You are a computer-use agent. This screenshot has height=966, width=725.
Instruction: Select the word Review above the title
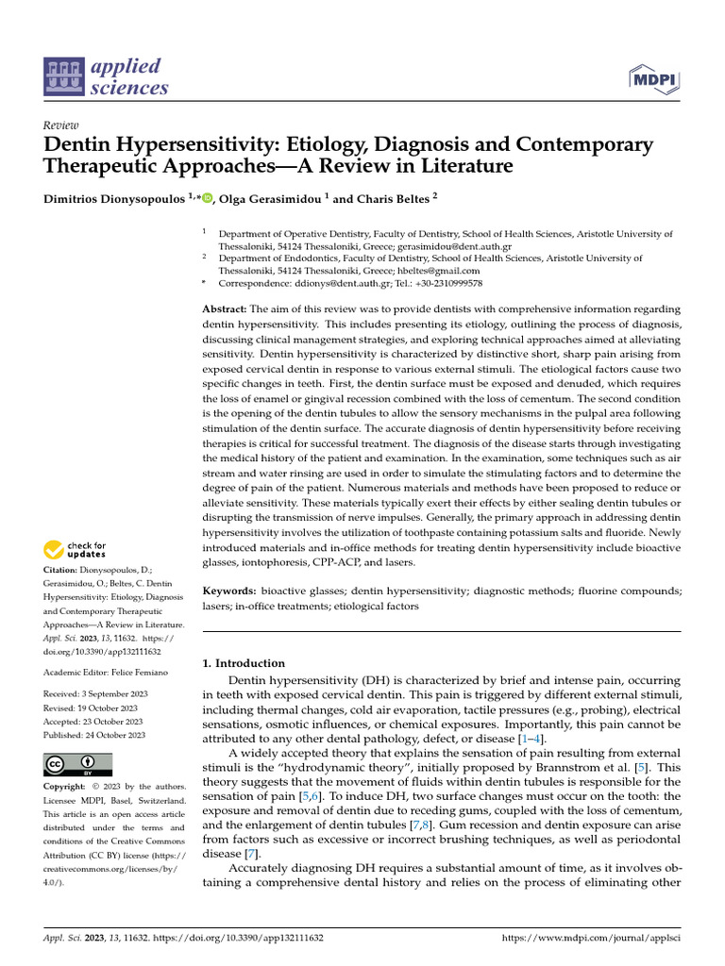(61, 125)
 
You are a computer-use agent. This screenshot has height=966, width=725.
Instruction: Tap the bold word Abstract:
(225, 309)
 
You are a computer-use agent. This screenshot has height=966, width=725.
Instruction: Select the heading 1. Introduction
(244, 663)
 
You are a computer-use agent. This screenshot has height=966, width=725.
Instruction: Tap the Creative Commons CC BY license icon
(77, 764)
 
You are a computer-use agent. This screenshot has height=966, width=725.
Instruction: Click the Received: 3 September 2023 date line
(94, 694)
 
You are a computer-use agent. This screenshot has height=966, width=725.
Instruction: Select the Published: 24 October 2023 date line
(94, 734)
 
